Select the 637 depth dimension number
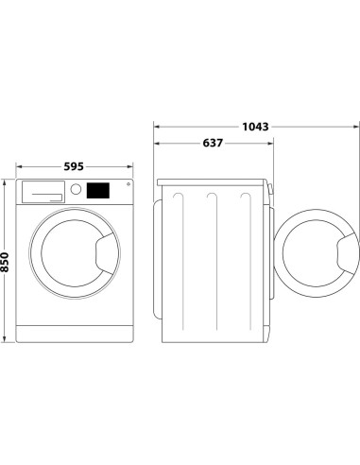click(213, 144)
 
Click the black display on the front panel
click(97, 190)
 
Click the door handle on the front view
click(105, 253)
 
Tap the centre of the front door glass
click(74, 253)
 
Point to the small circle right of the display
click(126, 186)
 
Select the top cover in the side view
click(215, 180)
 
